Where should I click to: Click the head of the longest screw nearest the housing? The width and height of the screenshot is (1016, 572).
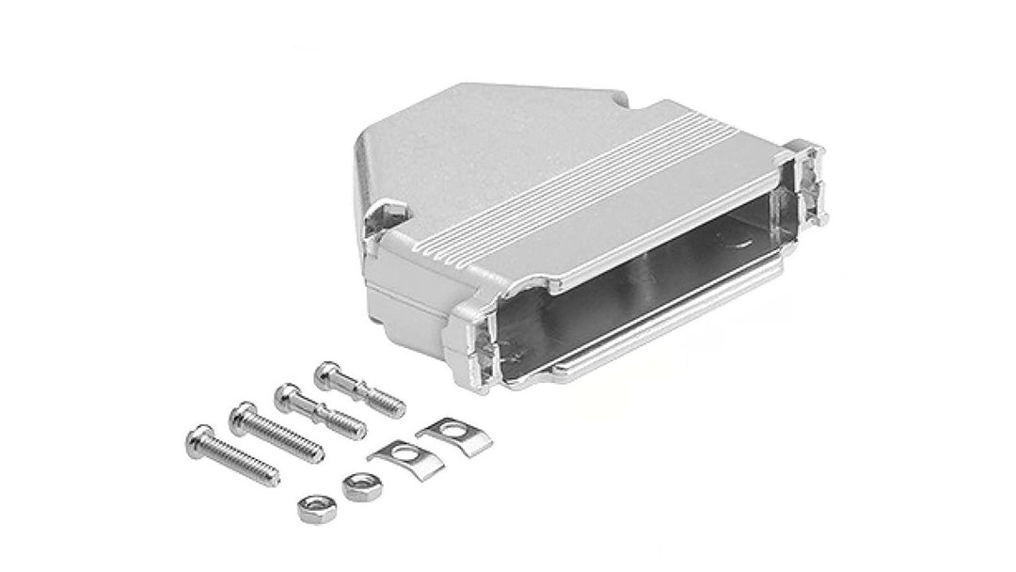click(243, 411)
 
